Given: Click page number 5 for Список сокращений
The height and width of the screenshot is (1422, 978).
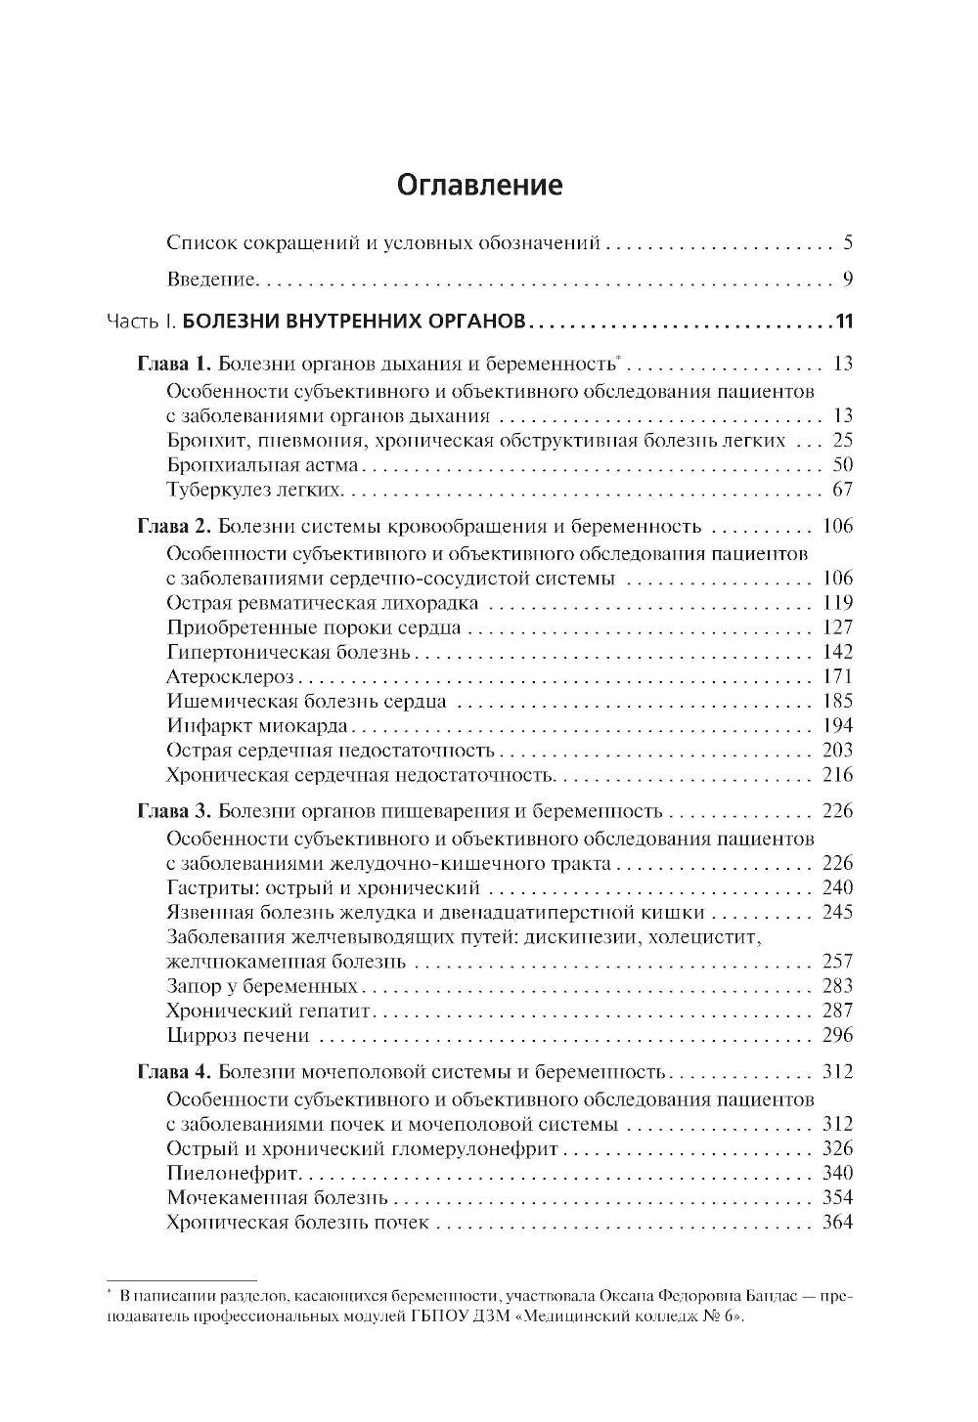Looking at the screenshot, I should tap(848, 242).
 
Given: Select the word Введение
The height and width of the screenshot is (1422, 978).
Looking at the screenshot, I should tap(210, 280).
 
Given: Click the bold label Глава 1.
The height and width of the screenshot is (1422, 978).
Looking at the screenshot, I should tap(172, 365).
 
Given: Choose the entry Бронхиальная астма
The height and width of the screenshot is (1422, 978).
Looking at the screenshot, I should tap(263, 465).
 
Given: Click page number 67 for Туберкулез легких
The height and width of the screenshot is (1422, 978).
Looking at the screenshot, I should tap(842, 490).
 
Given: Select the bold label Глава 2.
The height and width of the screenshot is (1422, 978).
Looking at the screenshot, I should tap(172, 527).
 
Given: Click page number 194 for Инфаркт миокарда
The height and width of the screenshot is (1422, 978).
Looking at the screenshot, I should tap(838, 725).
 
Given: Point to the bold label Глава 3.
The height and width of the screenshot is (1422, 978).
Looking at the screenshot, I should tap(172, 811).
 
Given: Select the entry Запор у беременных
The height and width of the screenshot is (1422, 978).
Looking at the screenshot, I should tap(262, 986).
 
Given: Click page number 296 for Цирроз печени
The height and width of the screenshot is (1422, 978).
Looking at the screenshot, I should tap(838, 1035).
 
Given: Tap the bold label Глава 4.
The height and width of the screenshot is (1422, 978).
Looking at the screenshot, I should tap(172, 1072).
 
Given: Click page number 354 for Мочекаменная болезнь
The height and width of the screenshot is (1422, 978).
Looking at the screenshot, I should tap(838, 1197).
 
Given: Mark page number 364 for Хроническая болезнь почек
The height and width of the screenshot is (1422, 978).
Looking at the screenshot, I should tap(838, 1223).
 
